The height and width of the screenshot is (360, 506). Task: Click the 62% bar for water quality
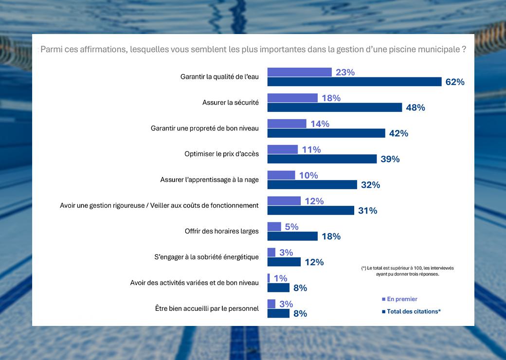pos(354,82)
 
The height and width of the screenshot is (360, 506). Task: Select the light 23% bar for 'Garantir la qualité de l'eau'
pos(299,72)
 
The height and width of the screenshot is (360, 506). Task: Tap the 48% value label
pos(416,108)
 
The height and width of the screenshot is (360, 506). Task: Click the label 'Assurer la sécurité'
pos(230,103)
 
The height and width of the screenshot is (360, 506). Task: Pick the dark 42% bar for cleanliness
pos(326,133)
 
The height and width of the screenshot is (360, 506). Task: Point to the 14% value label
pos(320,124)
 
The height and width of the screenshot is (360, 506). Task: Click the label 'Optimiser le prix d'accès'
pos(221,154)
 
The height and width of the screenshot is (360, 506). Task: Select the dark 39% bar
pos(322,159)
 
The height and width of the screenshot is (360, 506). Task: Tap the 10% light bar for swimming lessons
pos(281,175)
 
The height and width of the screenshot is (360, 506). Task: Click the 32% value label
pos(370,185)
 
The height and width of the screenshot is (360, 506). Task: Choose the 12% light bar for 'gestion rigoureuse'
pos(284,201)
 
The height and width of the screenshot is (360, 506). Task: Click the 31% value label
pos(367,211)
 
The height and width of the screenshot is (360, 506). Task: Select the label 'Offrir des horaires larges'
pos(221,231)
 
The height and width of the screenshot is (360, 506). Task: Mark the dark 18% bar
pos(292,236)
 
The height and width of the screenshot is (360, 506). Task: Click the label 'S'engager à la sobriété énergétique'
pos(203,257)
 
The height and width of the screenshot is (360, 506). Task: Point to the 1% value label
pos(280,278)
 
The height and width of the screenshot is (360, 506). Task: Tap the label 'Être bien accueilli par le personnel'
pos(207,308)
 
